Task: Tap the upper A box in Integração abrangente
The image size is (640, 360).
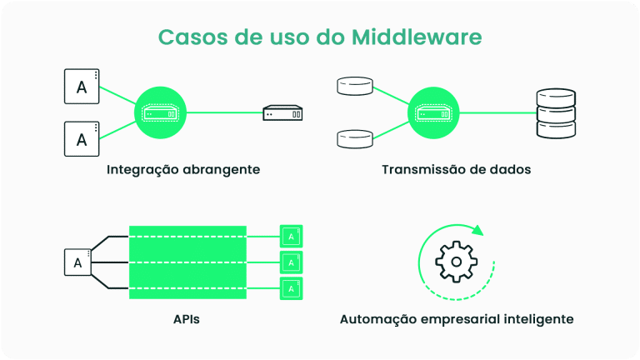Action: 82,86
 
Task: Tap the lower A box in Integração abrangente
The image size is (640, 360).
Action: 82,139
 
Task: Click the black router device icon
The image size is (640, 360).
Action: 282,112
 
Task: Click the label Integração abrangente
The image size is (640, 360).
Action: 183,169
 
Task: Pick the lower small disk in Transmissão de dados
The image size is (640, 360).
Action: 354,138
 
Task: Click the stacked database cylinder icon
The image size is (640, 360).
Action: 554,112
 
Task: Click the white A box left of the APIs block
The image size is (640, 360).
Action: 77,263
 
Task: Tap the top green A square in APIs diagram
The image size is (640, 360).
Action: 290,237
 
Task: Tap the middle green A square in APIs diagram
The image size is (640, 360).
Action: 290,262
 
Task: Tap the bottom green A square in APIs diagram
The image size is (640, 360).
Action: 290,288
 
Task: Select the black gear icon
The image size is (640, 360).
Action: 455,262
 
